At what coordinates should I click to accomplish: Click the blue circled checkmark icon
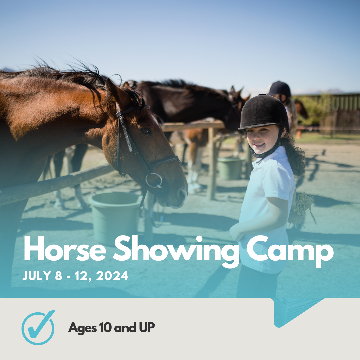pos(38,328)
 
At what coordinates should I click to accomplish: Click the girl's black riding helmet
pos(264,112)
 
